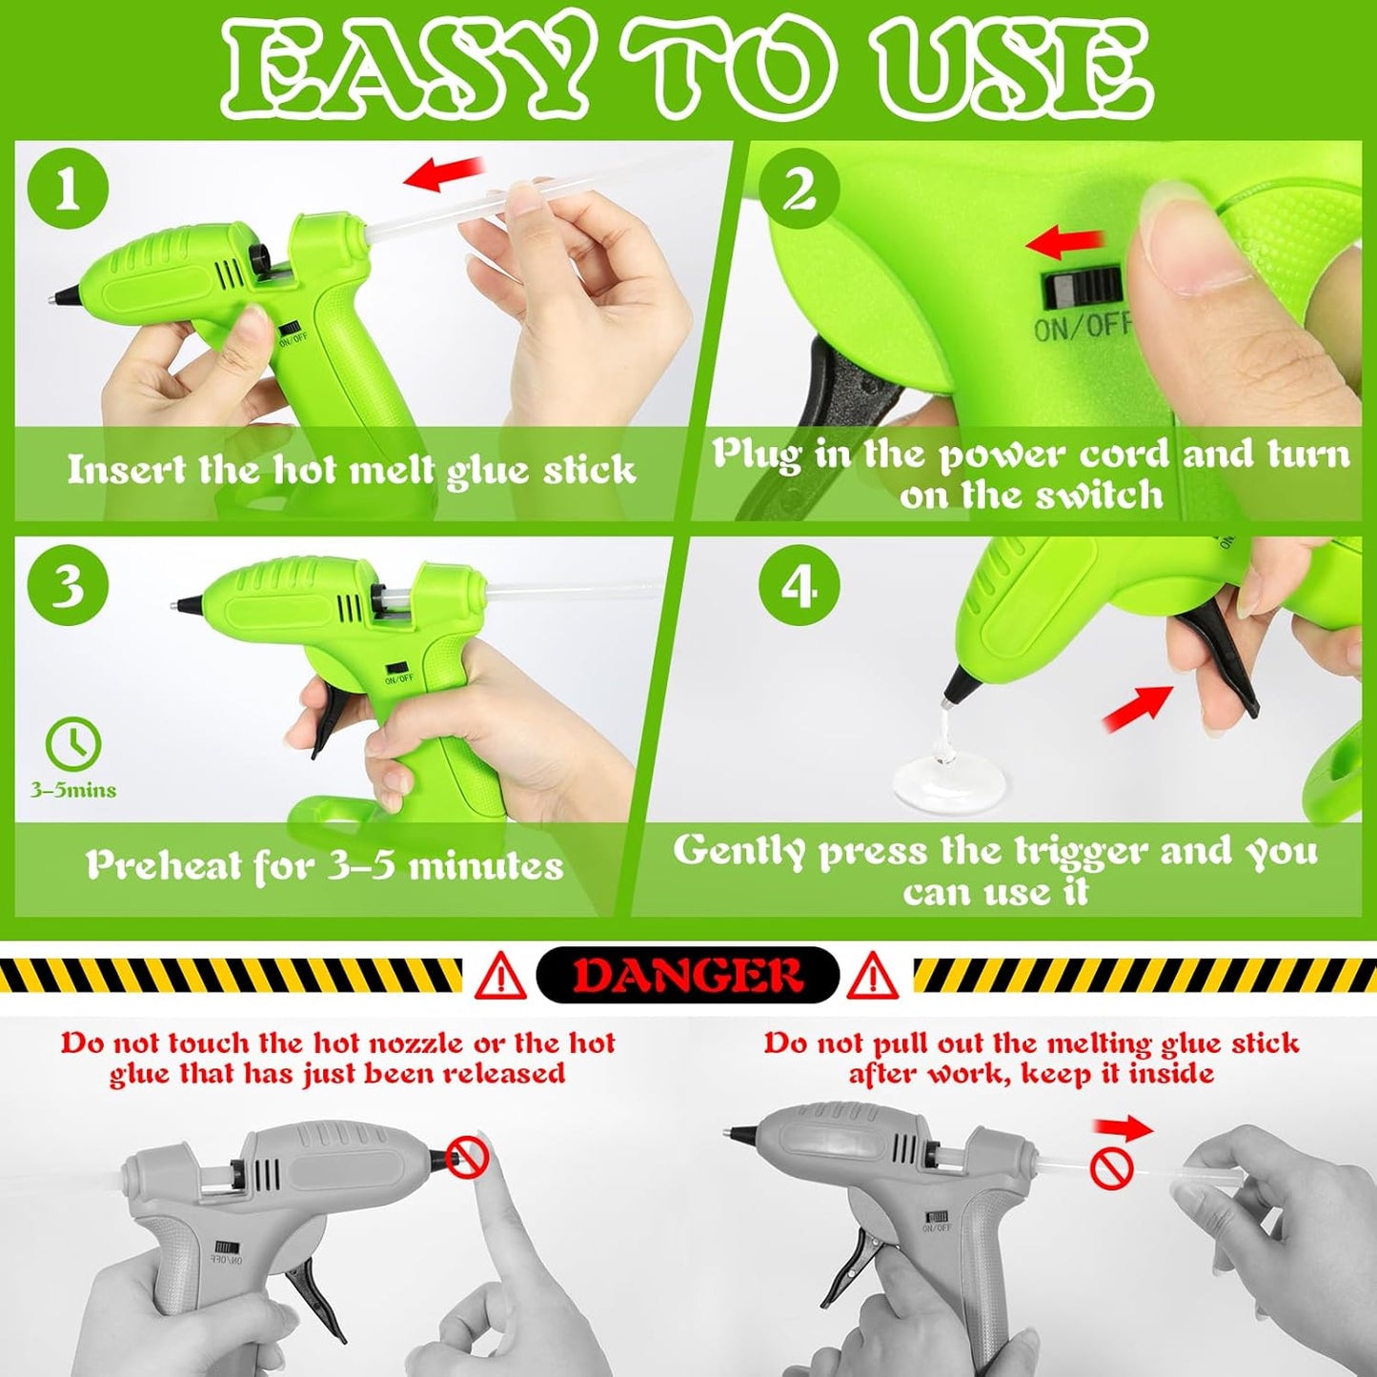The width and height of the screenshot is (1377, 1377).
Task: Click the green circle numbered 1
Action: point(68,192)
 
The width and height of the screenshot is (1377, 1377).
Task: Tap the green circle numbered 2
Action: point(799,191)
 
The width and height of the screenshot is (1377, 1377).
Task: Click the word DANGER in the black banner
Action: point(687,975)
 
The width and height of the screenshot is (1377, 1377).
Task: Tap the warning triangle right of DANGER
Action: point(871,976)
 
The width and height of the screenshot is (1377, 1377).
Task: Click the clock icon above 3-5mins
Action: point(73,744)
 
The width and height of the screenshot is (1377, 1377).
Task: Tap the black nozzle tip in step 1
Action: point(63,294)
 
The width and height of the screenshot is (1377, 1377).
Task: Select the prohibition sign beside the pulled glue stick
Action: point(1112,1170)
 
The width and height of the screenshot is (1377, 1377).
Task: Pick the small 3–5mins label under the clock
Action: point(72,790)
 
